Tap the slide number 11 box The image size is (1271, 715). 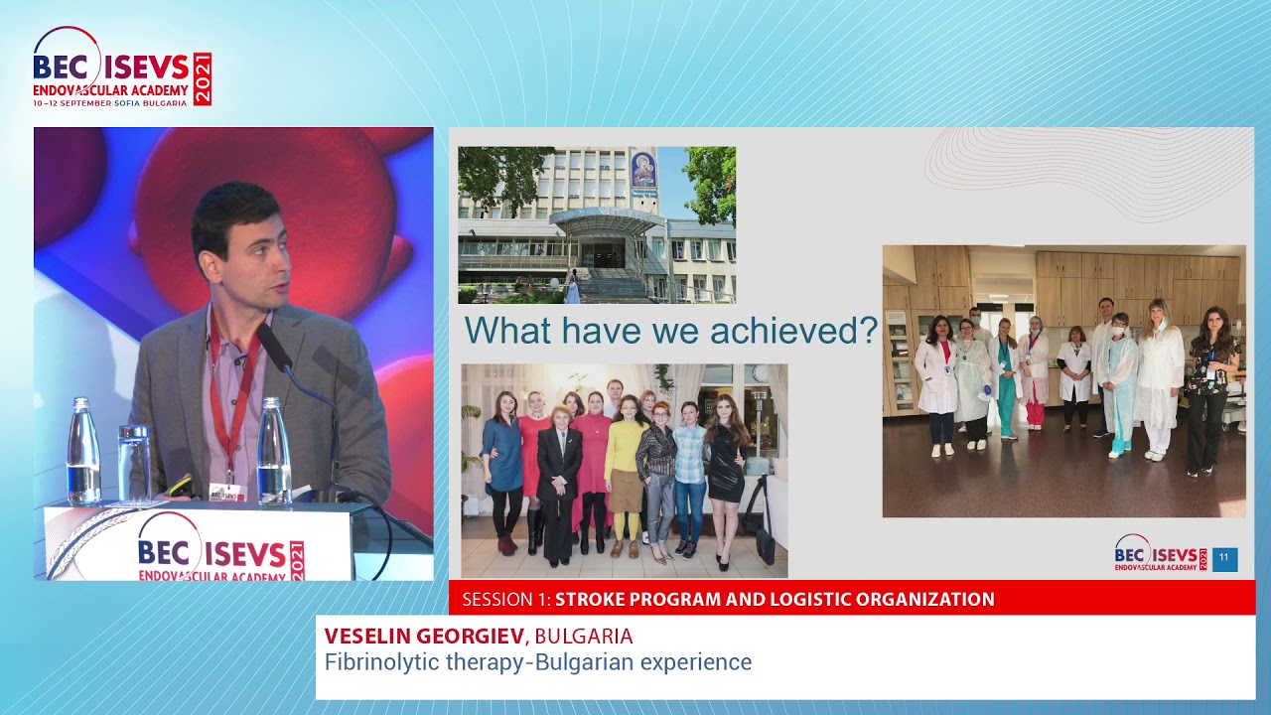pos(1224,559)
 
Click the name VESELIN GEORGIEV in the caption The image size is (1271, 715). pos(424,637)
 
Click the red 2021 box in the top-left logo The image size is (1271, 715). pos(202,79)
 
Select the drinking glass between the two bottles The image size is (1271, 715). pos(134,462)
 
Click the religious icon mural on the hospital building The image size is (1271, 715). pos(644,171)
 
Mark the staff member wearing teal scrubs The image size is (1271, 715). pos(1006,382)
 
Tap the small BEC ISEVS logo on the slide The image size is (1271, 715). pos(1161,554)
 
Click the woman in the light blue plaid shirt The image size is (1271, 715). pos(689,467)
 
